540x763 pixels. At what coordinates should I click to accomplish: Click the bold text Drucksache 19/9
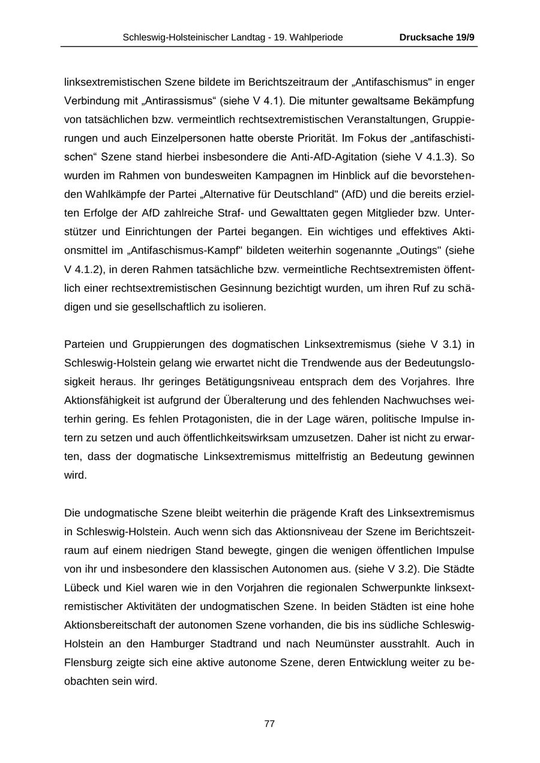tap(437, 37)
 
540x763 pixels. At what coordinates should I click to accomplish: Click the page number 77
tap(269, 723)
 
